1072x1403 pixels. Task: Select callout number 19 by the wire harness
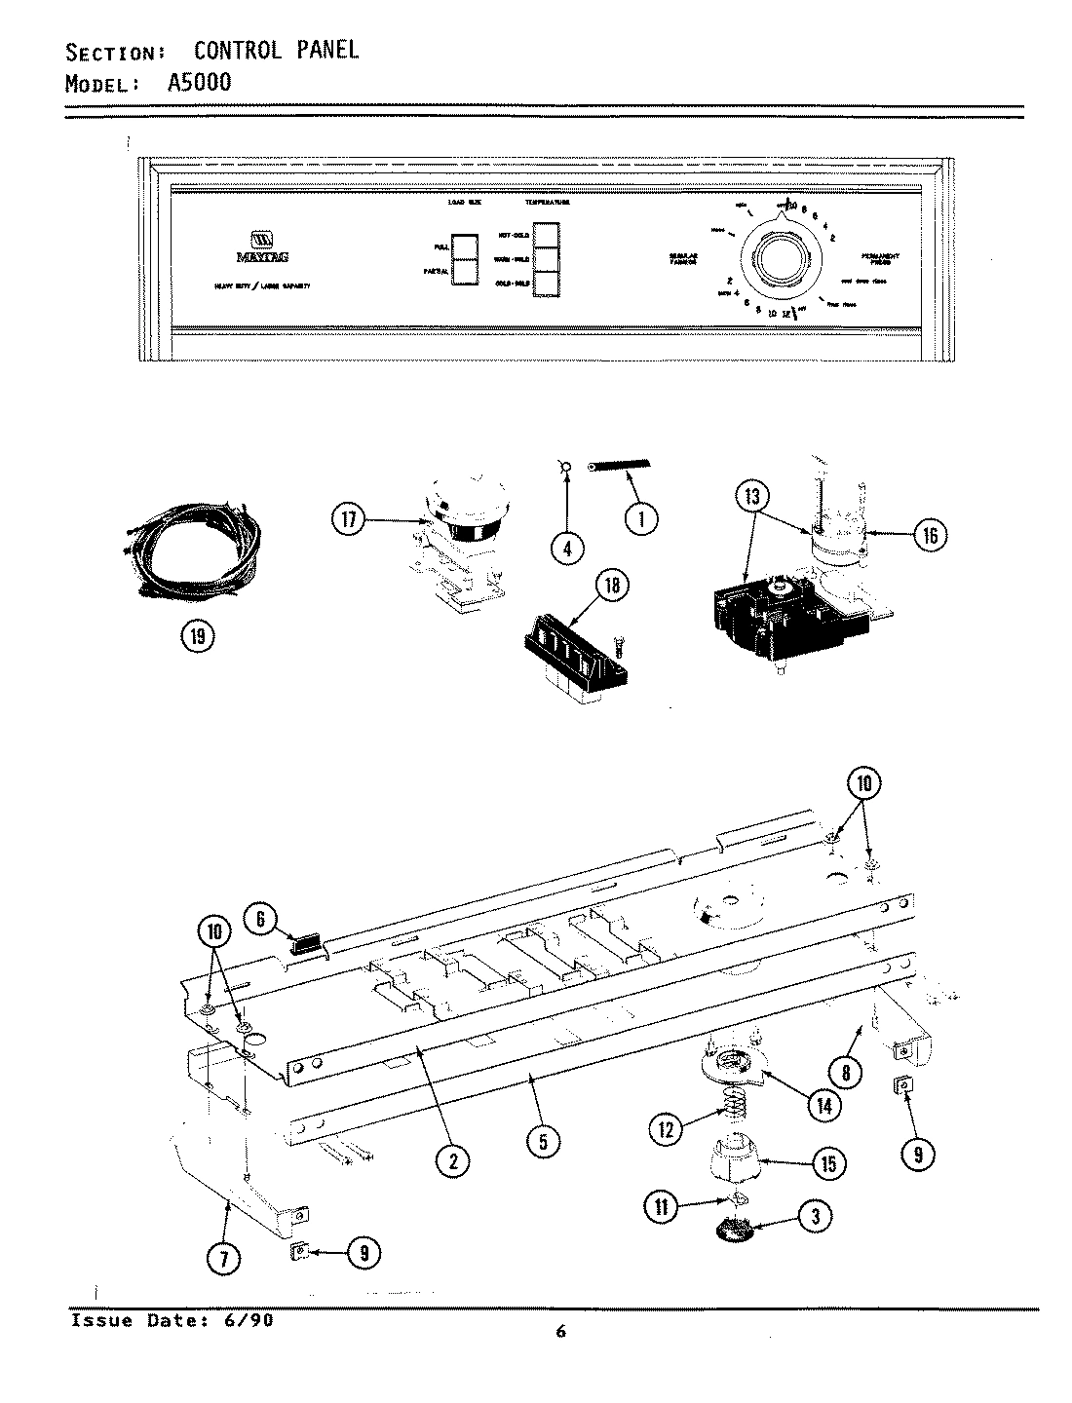click(x=198, y=637)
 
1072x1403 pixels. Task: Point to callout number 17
click(x=348, y=521)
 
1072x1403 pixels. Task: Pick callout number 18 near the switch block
click(x=611, y=586)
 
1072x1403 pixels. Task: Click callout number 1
click(x=640, y=519)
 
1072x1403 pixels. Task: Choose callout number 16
click(x=930, y=534)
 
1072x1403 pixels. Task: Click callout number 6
click(x=260, y=918)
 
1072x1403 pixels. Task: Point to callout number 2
click(x=453, y=1159)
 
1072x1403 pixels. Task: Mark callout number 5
click(x=543, y=1140)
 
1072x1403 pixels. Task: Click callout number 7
click(x=225, y=1260)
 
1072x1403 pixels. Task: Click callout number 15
click(x=827, y=1163)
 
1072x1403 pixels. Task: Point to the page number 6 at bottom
click(x=560, y=1333)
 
